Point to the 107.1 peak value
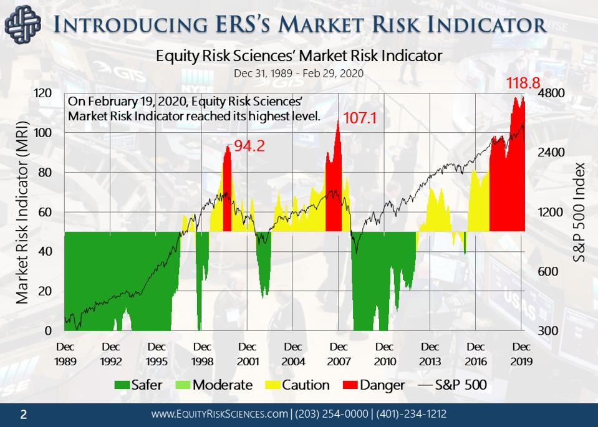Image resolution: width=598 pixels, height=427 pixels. [x=360, y=117]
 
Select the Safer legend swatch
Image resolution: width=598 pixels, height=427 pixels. [x=122, y=385]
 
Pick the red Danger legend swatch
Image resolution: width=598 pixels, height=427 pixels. [x=350, y=385]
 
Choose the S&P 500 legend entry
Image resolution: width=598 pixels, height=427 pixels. [x=452, y=385]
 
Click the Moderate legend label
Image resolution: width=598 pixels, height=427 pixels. [x=222, y=385]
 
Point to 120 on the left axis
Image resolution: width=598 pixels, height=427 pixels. [x=43, y=94]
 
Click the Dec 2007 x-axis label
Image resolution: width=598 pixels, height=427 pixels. [x=339, y=353]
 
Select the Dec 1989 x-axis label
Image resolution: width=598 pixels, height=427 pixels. [x=65, y=353]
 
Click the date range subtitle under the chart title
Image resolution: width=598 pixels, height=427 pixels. [x=299, y=73]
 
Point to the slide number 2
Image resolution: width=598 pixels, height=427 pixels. [x=24, y=414]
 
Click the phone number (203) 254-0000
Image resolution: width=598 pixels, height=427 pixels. [x=331, y=414]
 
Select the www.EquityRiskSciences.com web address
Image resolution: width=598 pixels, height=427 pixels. [x=220, y=414]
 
